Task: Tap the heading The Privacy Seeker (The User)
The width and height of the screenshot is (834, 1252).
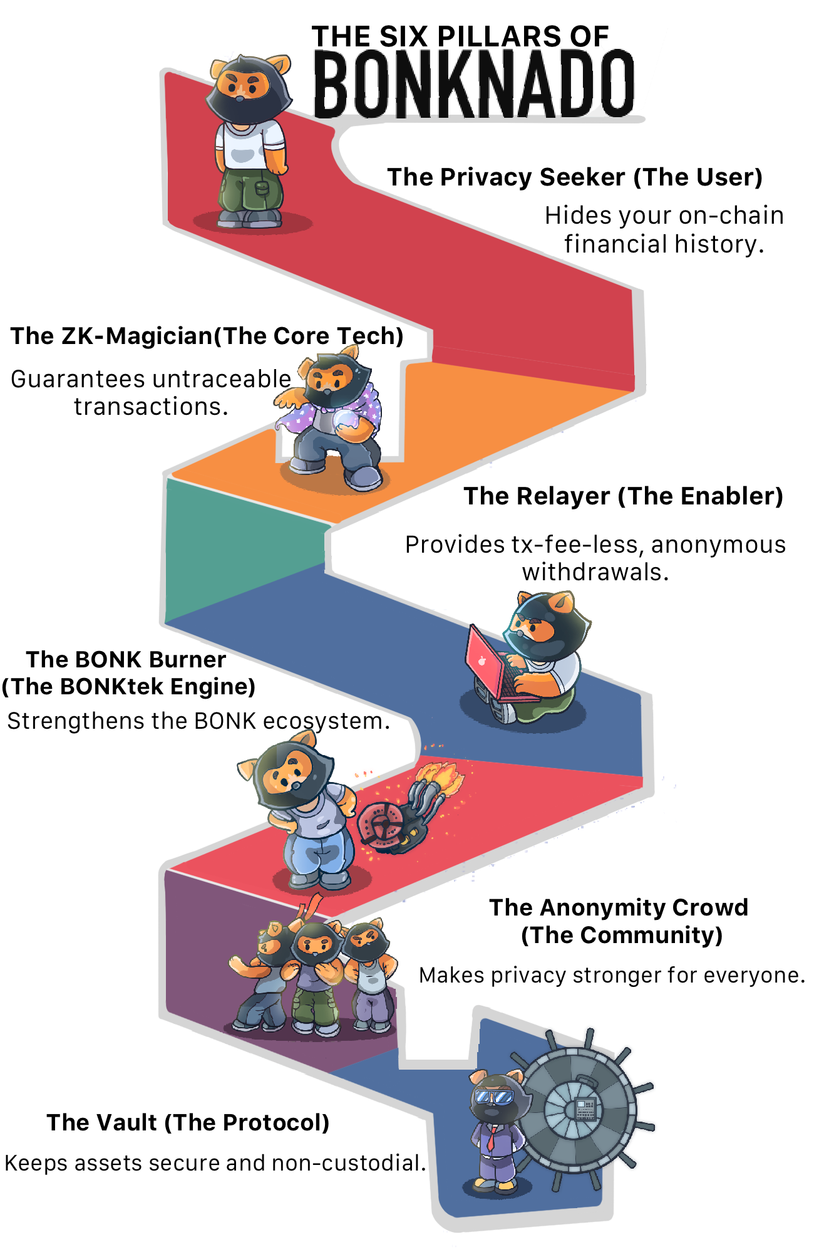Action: [574, 177]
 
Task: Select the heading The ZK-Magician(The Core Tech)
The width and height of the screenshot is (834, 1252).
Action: [207, 336]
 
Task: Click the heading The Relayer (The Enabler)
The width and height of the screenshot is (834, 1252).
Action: [623, 496]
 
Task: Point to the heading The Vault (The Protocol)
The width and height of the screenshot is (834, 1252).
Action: [188, 1122]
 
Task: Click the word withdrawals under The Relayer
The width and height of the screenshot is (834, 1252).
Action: [595, 572]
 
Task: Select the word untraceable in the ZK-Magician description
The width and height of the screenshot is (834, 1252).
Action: [222, 379]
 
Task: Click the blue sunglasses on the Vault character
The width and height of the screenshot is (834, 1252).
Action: [494, 1097]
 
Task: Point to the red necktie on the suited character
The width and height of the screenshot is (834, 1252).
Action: [491, 1137]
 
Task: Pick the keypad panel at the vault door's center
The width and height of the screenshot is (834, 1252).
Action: [585, 1109]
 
